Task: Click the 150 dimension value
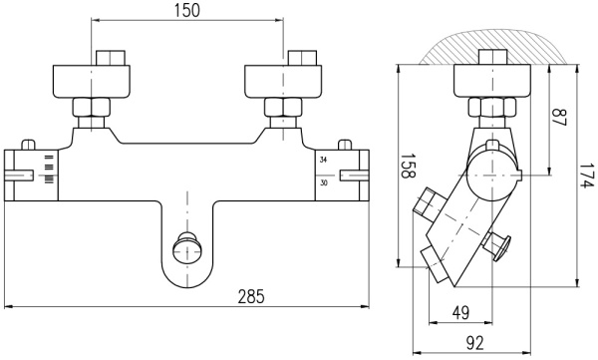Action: pos(188,11)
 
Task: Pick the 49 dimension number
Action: pos(460,313)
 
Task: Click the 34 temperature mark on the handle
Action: pos(323,160)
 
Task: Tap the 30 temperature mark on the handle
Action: pos(323,182)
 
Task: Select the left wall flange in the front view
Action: pos(92,81)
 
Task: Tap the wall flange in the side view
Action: pos(491,80)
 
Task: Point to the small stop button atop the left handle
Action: pos(30,144)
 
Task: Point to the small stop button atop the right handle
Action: pos(347,144)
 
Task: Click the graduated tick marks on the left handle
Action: pos(48,171)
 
